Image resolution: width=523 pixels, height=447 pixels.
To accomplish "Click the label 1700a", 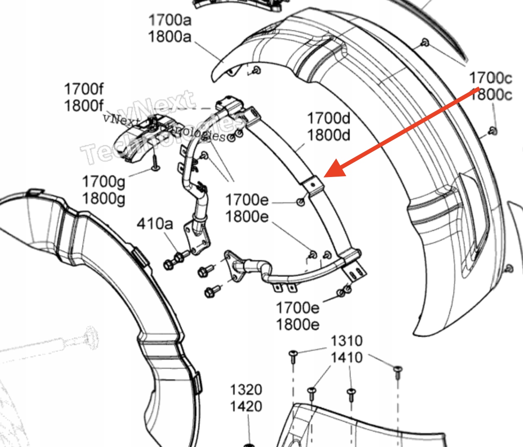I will tap(169, 19).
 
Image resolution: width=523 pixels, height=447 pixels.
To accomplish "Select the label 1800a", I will tap(169, 37).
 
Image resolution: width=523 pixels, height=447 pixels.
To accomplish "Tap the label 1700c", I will tap(490, 77).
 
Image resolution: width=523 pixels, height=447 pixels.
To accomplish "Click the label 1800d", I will tap(328, 135).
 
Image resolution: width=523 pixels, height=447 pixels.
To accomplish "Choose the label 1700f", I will tap(84, 89).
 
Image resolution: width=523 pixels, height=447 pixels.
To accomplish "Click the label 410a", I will tap(155, 223).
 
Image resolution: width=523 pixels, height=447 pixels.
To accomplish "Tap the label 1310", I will tap(346, 340).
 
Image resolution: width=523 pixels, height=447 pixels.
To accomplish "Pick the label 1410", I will tap(346, 358).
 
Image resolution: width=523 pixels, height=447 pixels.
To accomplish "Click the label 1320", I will tap(246, 389).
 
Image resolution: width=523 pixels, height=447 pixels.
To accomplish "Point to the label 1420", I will tap(246, 407).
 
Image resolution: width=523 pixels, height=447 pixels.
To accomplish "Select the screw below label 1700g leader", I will tap(155, 165).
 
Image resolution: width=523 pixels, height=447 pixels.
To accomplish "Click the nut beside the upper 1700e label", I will tap(301, 202).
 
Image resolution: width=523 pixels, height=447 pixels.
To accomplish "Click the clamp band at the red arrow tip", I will tap(312, 186).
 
